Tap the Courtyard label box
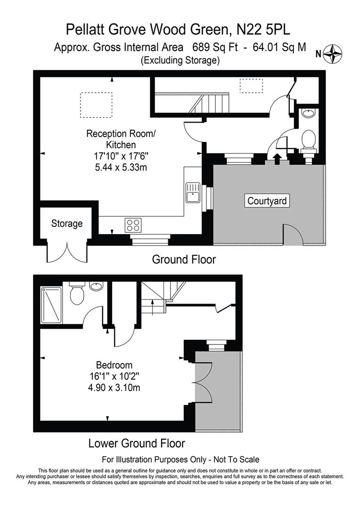[267, 201]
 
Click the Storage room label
[67, 223]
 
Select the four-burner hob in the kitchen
[133, 225]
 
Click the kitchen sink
[192, 192]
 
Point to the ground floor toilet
[309, 141]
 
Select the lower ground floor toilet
[76, 294]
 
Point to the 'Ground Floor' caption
[184, 259]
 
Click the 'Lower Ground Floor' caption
[137, 443]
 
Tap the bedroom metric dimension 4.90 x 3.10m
[114, 388]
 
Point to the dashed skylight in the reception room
[96, 105]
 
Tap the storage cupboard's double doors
[67, 253]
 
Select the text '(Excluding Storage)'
[180, 60]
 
